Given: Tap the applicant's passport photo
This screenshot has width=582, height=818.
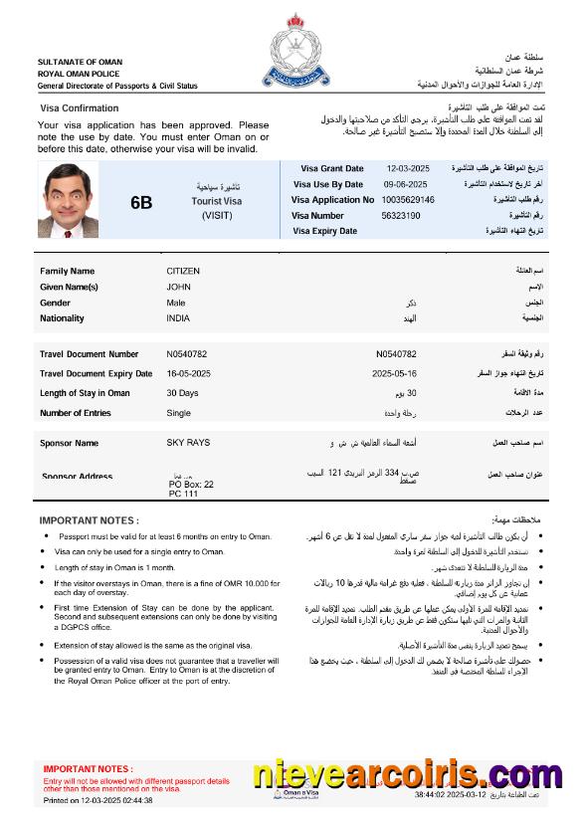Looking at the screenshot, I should [x=69, y=199].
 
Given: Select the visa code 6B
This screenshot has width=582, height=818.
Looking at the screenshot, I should [x=141, y=202].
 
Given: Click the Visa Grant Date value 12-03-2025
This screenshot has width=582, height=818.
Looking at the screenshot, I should [x=406, y=168].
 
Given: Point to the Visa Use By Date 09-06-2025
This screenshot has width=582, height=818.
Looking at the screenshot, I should [x=405, y=184].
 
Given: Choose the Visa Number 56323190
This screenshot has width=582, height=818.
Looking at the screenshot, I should [x=401, y=215].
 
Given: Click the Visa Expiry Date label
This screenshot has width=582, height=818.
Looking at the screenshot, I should [x=324, y=231].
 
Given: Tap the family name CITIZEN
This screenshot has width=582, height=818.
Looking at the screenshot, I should [x=183, y=271].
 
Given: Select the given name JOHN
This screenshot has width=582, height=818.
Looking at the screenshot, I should [x=178, y=287].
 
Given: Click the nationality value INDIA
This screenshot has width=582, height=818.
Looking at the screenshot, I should [x=179, y=318].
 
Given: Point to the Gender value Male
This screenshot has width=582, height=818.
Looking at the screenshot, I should [x=176, y=303].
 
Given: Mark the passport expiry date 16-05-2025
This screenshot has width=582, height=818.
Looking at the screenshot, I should [x=190, y=373].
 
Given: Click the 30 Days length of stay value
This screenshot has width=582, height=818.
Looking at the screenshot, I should [x=182, y=393].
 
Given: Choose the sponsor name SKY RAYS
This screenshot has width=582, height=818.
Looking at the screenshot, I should [x=188, y=443].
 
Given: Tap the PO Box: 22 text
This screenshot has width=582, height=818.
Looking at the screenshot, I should [x=191, y=485].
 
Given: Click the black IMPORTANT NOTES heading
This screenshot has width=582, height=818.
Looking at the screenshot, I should [x=89, y=520].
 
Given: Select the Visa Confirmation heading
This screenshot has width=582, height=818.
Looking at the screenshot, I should [x=79, y=107].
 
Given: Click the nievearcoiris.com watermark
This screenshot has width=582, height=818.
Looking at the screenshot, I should [x=407, y=774].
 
